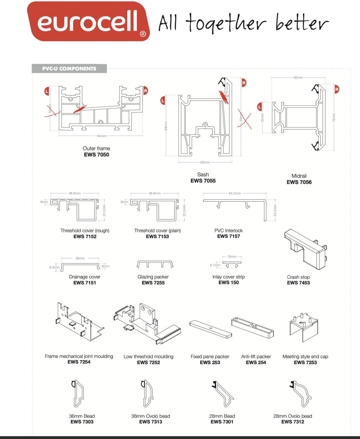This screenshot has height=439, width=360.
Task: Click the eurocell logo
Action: point(88,22)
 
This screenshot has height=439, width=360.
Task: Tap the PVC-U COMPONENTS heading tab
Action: point(69,69)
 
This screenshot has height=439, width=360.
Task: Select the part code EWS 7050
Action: point(97,155)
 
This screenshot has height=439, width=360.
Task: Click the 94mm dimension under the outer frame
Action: point(102,136)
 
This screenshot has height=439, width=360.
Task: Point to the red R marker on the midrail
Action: point(337,89)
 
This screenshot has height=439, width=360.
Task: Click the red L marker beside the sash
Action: point(163,100)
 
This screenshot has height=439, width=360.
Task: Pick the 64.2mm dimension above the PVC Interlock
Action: point(235,193)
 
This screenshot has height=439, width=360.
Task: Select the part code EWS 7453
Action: point(298,283)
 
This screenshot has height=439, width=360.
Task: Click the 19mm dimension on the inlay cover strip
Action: point(232,257)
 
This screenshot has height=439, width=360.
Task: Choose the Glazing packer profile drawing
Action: point(155,264)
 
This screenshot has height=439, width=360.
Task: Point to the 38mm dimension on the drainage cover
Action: point(80,258)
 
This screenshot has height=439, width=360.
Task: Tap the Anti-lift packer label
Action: point(256,356)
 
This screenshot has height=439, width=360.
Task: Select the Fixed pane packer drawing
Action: point(210,329)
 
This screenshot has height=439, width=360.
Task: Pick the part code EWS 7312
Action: point(293,422)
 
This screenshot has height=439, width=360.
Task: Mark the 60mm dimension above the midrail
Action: point(298,78)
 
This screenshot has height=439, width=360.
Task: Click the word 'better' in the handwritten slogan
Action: point(302,23)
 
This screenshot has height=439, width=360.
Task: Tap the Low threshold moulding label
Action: point(149,356)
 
